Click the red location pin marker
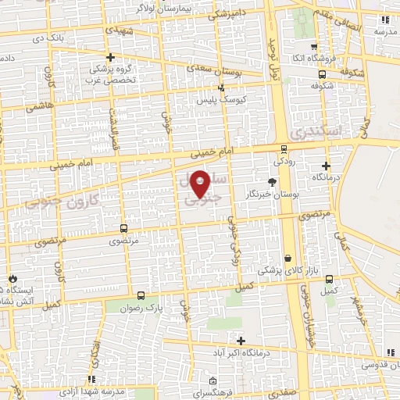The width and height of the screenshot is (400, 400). (201, 184)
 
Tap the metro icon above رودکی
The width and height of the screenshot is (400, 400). (283, 149)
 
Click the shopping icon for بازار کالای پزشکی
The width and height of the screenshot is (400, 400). (288, 258)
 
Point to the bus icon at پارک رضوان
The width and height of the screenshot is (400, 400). (141, 296)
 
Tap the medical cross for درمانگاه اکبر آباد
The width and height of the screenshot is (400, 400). (241, 341)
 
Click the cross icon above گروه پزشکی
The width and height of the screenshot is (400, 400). (111, 57)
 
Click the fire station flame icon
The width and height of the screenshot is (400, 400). (12, 279)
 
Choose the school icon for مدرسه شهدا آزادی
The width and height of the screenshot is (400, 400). (93, 379)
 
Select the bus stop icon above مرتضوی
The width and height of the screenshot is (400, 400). (123, 229)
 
